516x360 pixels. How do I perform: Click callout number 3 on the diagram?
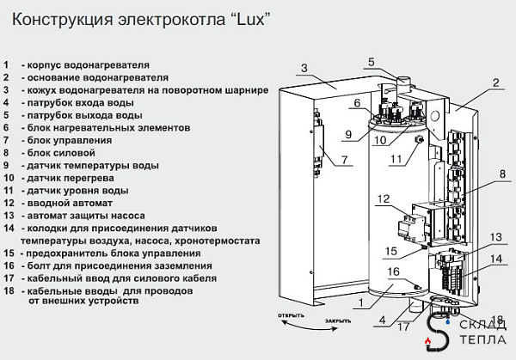(304, 68)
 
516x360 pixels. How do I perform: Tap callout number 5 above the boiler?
(372, 61)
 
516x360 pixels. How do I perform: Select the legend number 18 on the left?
(9, 291)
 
